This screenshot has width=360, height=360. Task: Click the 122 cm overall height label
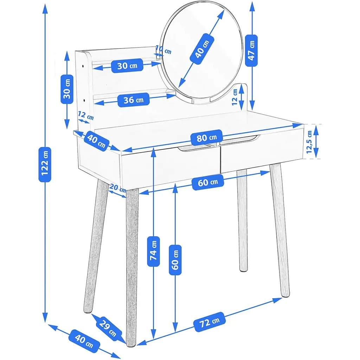tap(45, 165)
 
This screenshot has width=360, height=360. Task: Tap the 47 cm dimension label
tap(251, 51)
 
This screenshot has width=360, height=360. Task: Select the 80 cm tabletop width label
tap(207, 138)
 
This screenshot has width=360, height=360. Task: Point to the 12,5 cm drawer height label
tap(309, 142)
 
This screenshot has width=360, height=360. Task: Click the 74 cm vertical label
tap(153, 251)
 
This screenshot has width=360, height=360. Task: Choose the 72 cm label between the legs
tap(210, 322)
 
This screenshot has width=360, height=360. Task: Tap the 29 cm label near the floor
tap(108, 328)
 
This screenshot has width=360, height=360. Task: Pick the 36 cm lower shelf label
tap(133, 100)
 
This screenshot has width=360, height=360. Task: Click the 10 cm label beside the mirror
tap(163, 50)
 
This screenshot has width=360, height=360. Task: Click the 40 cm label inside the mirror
tap(202, 49)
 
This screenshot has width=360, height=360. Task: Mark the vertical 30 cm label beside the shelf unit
tap(67, 89)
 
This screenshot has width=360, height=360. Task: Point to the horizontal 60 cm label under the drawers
tap(208, 182)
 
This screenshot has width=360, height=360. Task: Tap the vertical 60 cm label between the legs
tap(175, 260)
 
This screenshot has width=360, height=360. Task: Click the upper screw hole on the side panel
tap(83, 66)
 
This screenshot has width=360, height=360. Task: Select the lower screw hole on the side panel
tap(84, 100)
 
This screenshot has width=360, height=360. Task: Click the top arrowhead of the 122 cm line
tap(45, 9)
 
